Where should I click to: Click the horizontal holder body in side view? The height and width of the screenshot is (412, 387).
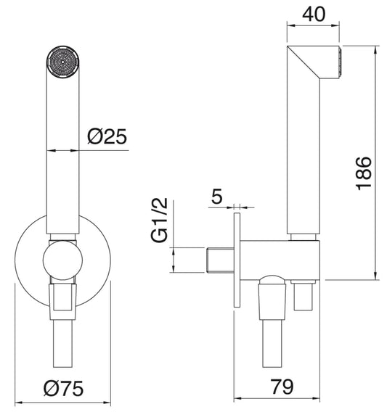[x=280, y=258]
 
